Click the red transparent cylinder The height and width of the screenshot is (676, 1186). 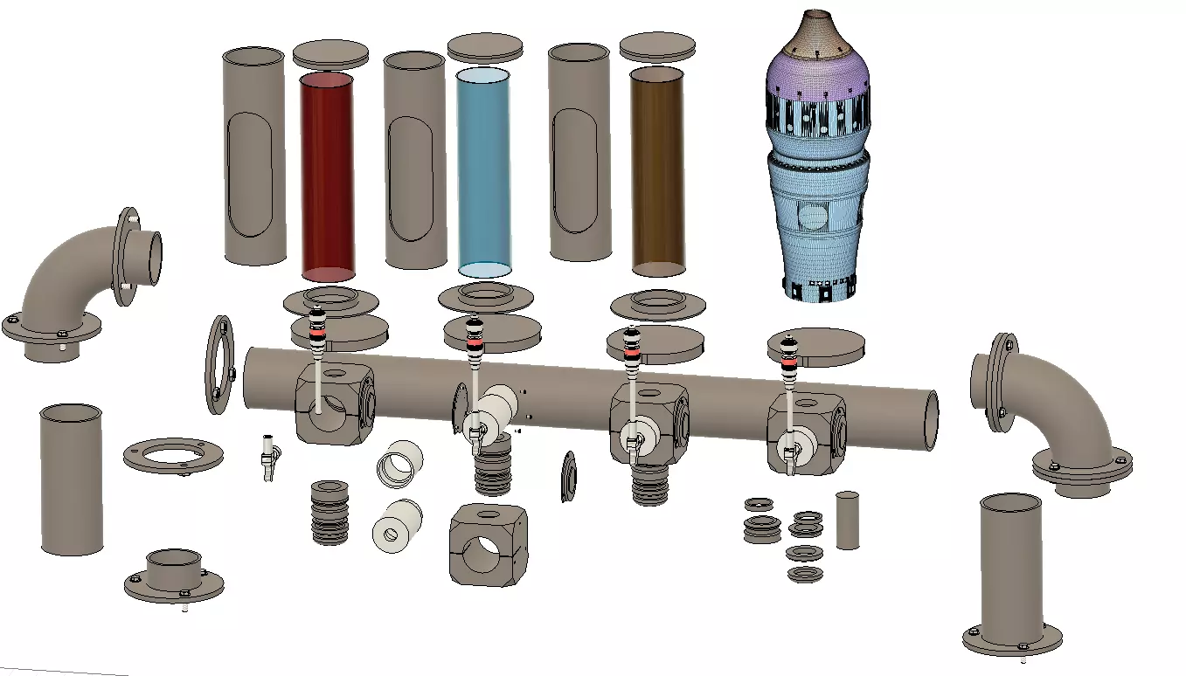[x=327, y=175]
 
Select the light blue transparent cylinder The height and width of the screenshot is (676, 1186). [x=483, y=171]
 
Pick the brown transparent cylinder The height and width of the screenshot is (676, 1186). [x=657, y=171]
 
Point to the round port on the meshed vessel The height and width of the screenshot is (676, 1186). [x=813, y=216]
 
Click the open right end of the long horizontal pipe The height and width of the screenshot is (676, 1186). [x=931, y=420]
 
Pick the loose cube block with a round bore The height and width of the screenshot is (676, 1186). [x=487, y=544]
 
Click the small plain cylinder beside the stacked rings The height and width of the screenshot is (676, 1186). [x=847, y=521]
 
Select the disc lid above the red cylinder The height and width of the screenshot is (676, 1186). [x=330, y=53]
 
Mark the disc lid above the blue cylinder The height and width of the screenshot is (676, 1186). [x=484, y=47]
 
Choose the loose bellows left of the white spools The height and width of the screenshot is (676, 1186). [x=330, y=512]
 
